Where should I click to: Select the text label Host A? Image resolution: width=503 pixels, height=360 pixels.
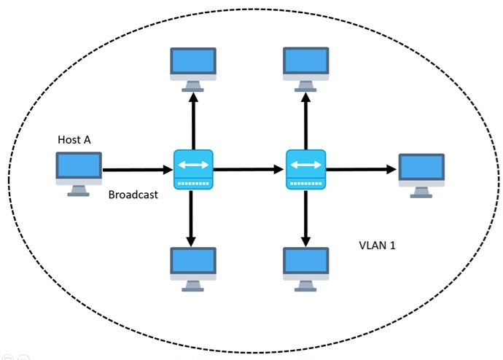(74, 139)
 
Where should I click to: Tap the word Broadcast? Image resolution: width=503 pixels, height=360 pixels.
(133, 195)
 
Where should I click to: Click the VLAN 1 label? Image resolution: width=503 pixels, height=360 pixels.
(378, 246)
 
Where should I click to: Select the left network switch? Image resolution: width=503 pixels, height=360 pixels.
(193, 169)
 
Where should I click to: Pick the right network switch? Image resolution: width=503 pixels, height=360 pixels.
(306, 169)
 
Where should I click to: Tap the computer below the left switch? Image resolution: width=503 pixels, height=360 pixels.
(193, 267)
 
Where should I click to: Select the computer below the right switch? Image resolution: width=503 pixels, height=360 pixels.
(306, 267)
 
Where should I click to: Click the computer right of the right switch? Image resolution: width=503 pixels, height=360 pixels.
(421, 173)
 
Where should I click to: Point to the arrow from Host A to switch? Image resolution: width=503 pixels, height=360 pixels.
(137, 170)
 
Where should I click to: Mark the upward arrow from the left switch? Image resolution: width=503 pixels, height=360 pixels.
(193, 120)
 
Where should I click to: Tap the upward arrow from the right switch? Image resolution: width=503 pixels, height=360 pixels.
(306, 120)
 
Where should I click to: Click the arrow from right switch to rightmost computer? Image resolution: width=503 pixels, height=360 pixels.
(361, 170)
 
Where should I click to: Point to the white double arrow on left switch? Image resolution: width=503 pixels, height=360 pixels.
(193, 164)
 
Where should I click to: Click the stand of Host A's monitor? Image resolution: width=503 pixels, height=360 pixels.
(79, 190)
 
